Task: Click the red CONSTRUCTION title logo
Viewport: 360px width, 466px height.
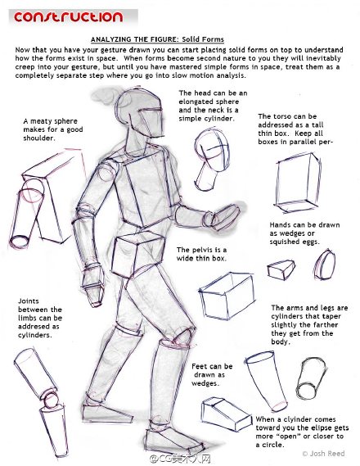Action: tap(68, 17)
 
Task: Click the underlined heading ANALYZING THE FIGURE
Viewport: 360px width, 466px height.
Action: tap(135, 39)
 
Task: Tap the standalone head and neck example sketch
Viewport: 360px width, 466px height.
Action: tap(211, 160)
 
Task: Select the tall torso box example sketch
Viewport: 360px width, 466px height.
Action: tap(298, 183)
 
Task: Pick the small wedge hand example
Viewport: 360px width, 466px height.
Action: tap(281, 269)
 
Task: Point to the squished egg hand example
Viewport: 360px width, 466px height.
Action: tap(324, 265)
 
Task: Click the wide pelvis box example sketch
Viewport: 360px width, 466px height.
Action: tap(227, 296)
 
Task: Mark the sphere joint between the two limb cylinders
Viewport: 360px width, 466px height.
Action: tap(51, 399)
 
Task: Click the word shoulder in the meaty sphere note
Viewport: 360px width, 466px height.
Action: tap(39, 138)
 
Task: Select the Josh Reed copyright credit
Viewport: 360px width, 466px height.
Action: tap(323, 454)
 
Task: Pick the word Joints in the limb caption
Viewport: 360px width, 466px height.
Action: tap(29, 301)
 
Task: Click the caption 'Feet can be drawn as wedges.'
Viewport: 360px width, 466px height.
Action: tap(212, 374)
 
